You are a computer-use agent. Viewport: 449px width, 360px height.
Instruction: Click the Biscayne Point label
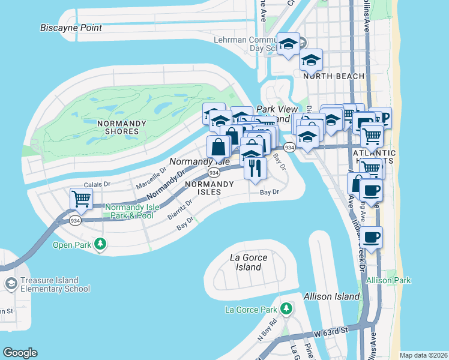71,28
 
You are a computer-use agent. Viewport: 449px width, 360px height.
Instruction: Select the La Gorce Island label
249,262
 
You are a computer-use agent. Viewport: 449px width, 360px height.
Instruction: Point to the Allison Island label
331,296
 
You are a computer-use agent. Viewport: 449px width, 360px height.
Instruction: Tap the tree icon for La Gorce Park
286,309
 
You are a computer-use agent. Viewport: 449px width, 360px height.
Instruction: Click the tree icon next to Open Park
101,244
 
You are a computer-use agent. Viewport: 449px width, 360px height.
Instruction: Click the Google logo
20,352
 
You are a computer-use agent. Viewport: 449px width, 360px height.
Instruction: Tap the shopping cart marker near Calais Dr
81,199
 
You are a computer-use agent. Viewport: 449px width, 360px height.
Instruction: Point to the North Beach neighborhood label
334,76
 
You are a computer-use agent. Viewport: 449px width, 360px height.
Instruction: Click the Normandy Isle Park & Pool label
132,211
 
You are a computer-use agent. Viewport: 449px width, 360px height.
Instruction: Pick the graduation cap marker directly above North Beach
311,60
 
